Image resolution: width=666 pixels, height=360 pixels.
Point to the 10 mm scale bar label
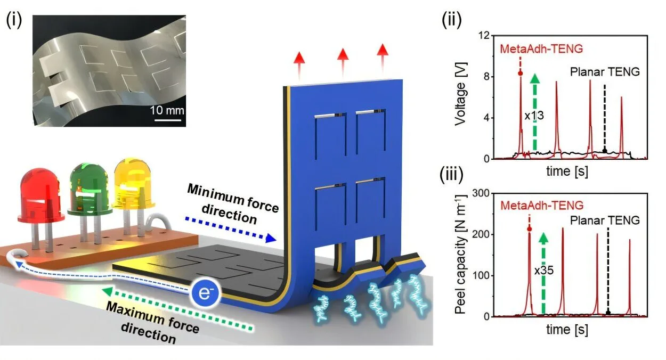[170, 110]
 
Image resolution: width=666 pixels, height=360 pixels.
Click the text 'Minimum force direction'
[234, 204]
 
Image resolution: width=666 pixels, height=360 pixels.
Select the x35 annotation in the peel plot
[543, 270]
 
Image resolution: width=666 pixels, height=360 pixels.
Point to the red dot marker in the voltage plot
[520, 73]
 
